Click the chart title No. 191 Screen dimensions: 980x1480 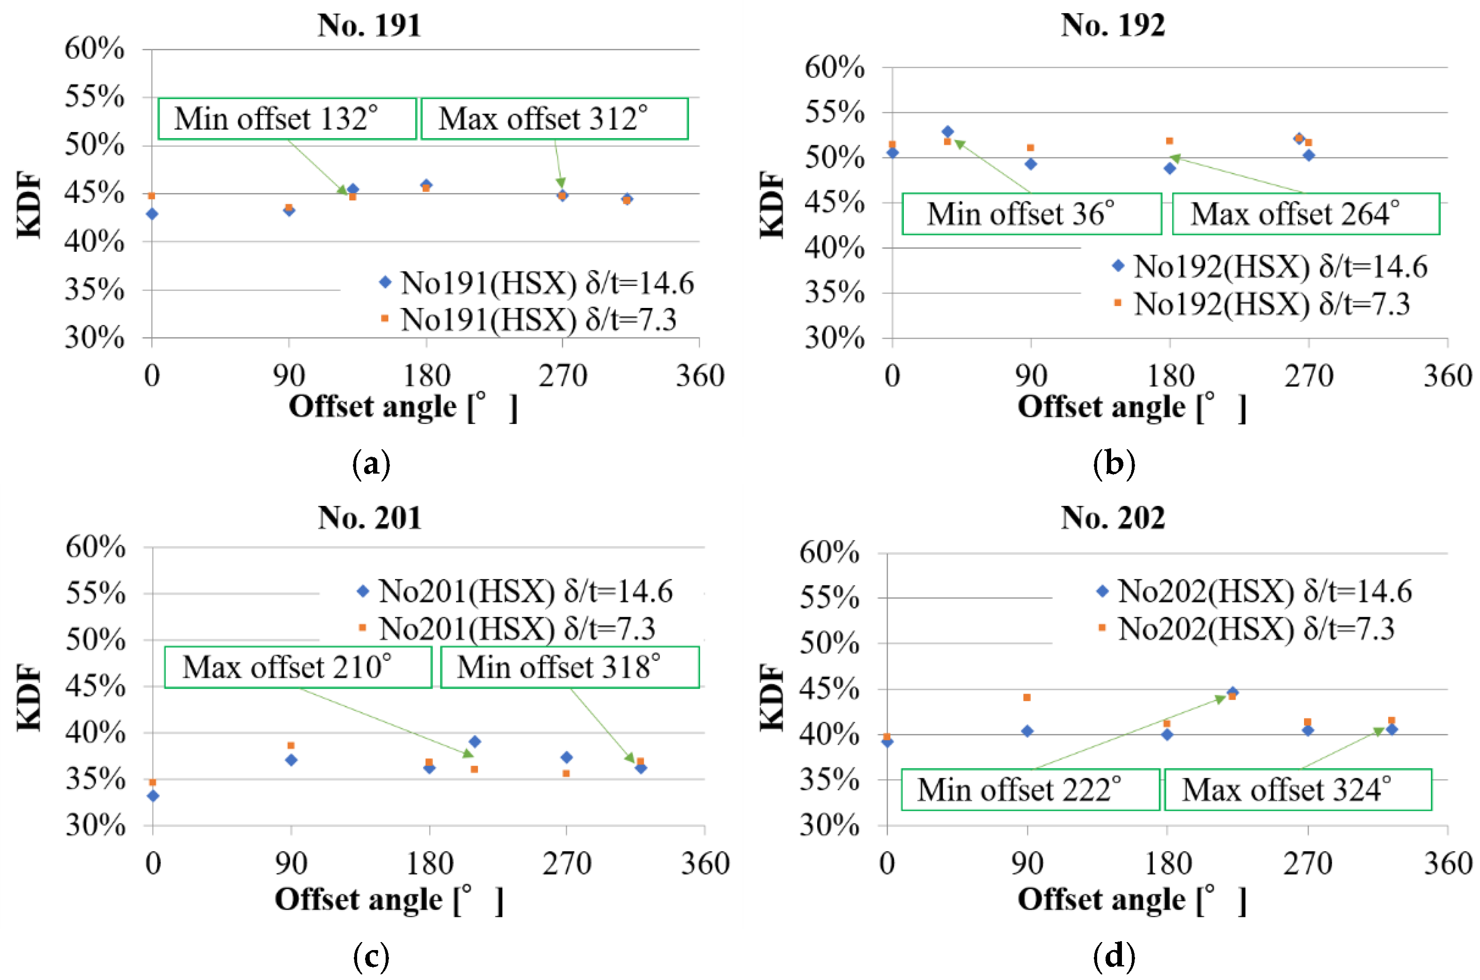pos(369,26)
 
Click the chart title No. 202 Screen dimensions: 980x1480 pos(1113,518)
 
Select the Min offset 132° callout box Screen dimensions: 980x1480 pos(287,119)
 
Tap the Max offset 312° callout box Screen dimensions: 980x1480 pos(554,119)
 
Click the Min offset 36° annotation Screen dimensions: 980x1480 pos(1031,214)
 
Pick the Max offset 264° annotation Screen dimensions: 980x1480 pos(1305,214)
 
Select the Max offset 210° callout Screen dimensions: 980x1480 pos(298,667)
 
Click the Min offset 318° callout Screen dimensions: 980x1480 pos(569,667)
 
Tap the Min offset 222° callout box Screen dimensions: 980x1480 pos(1030,790)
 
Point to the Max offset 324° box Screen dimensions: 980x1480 pos(1297,790)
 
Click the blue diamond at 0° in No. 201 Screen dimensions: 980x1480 pos(153,796)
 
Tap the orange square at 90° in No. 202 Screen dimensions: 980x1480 pos(1027,697)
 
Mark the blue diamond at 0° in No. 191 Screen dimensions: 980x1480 pos(152,214)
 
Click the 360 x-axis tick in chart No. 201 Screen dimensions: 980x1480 pos(705,864)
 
